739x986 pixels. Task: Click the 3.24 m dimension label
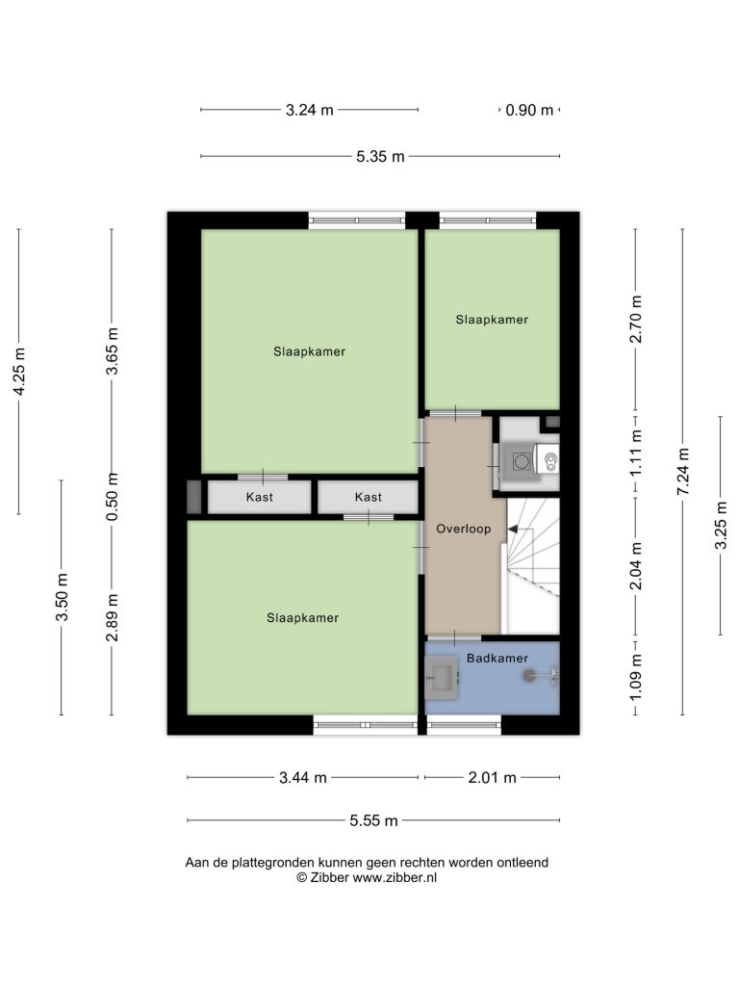click(309, 110)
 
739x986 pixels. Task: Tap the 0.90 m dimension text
click(529, 110)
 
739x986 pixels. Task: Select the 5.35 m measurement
click(380, 157)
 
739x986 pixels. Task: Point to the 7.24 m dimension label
click(683, 471)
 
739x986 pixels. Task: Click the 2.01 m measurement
click(492, 778)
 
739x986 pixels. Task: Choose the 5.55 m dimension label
click(374, 820)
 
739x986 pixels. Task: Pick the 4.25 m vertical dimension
click(19, 372)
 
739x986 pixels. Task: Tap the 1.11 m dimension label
click(636, 453)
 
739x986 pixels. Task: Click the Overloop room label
click(463, 529)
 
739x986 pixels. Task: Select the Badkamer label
click(497, 659)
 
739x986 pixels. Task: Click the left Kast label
click(260, 498)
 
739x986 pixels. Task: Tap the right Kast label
click(369, 498)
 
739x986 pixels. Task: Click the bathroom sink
click(443, 678)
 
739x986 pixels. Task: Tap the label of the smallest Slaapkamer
click(492, 320)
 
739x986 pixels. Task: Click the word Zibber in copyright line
click(329, 878)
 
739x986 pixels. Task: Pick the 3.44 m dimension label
click(303, 778)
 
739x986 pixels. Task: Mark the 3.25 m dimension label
click(721, 525)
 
